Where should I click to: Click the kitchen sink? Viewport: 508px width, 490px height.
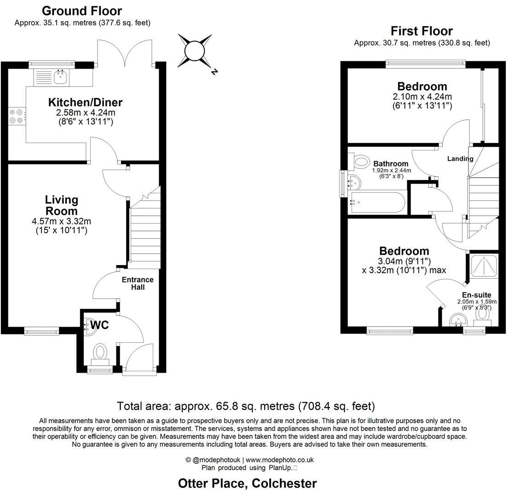[60, 77]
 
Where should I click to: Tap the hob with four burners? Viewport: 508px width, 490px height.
[17, 116]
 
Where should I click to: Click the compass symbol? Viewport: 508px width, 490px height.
[194, 50]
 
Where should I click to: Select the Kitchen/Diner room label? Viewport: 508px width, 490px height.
[86, 103]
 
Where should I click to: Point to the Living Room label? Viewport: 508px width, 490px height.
[61, 205]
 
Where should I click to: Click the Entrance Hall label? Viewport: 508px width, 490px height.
[138, 283]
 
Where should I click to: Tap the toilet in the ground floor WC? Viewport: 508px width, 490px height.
[100, 353]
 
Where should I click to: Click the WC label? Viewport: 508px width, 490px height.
[99, 325]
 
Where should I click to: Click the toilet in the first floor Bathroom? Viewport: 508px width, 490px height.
[362, 161]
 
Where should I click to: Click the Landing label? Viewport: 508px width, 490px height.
[460, 159]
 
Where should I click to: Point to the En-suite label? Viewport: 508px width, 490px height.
[477, 295]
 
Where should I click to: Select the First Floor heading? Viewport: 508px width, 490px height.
[421, 31]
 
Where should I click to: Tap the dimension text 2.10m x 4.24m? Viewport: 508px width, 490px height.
[422, 97]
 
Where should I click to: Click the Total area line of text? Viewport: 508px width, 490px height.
[246, 406]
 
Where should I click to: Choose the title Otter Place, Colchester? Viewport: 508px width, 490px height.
[248, 484]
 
